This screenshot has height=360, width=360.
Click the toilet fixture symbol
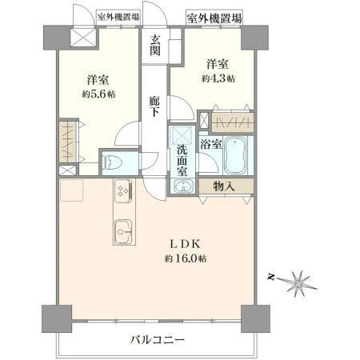tap(113, 162)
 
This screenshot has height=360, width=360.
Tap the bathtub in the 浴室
tap(236, 155)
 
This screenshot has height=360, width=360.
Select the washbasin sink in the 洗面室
tap(183, 186)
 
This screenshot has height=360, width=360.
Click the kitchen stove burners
tap(123, 190)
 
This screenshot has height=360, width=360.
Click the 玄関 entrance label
tap(155, 45)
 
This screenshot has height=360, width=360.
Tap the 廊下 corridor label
tap(154, 106)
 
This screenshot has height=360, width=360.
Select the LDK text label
tap(185, 244)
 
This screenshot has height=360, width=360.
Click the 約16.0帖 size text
tap(186, 258)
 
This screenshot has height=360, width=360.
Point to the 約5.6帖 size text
tap(98, 94)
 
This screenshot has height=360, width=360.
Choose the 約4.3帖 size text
tap(218, 78)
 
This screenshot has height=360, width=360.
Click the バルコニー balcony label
tap(158, 340)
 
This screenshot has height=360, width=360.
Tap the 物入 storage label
tap(224, 186)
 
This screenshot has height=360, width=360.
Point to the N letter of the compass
tap(271, 278)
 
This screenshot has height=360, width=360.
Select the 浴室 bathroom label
tap(211, 145)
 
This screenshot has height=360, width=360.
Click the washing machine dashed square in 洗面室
tap(182, 135)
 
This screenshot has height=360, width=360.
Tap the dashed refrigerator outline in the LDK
tap(71, 190)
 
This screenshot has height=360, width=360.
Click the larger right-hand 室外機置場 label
tap(214, 18)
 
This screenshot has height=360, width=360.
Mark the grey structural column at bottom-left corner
tap(57, 319)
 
